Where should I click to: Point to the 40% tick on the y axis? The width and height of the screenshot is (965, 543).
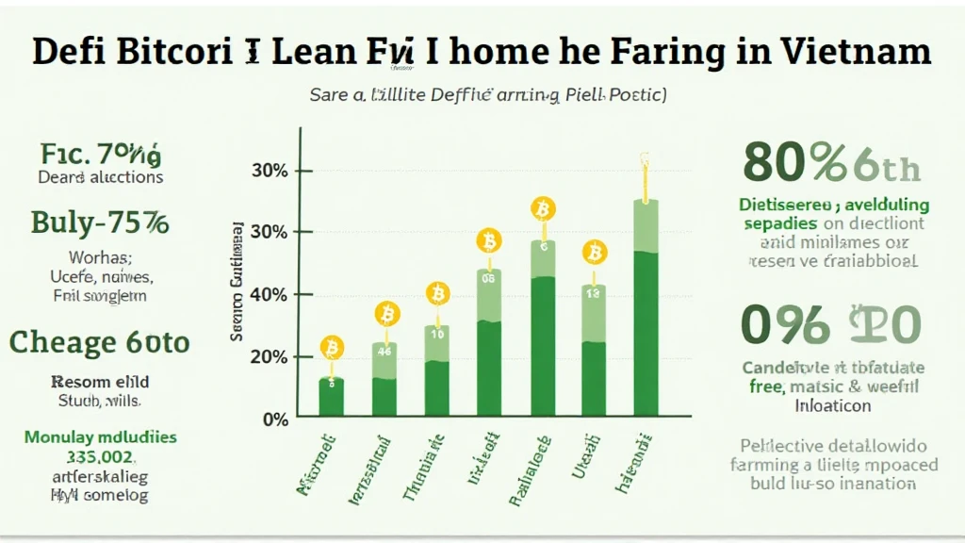[x=269, y=295]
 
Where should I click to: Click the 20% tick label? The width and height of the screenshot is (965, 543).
[x=269, y=357]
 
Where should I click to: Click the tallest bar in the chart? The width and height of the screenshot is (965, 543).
[x=646, y=311]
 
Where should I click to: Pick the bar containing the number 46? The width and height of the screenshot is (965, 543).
[x=384, y=377]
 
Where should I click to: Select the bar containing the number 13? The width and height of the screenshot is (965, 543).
[x=594, y=349]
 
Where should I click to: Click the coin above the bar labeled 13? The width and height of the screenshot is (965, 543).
[x=594, y=253]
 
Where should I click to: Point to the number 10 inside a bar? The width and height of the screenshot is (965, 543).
[x=437, y=335]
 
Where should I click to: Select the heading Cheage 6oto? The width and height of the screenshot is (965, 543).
[x=99, y=341]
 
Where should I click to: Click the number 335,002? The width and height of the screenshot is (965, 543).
[x=100, y=457]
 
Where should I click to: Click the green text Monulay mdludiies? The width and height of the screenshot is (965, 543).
[x=100, y=437]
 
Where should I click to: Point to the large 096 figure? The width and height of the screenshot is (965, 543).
[x=786, y=324]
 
